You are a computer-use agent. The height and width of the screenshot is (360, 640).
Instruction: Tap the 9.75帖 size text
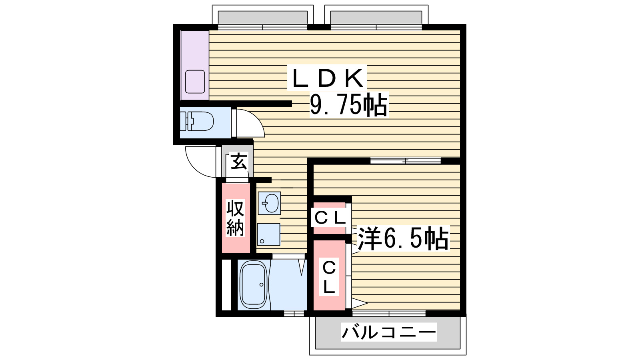pyautogui.click(x=349, y=105)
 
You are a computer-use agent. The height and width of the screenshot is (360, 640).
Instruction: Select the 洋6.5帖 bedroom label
pyautogui.click(x=403, y=238)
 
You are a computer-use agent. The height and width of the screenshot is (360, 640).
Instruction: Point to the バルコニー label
pyautogui.click(x=388, y=332)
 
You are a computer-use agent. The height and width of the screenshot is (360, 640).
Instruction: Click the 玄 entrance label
pyautogui.click(x=239, y=162)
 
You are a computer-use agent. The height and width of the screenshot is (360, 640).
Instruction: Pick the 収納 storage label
pyautogui.click(x=235, y=218)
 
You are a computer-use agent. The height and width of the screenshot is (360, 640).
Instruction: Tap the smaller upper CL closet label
pyautogui.click(x=330, y=218)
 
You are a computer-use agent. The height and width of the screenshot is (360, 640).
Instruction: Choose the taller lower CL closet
pyautogui.click(x=329, y=276)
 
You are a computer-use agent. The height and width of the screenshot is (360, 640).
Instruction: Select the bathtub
pyautogui.click(x=253, y=284)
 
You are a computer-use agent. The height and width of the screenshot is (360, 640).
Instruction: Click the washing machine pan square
pyautogui.click(x=268, y=234)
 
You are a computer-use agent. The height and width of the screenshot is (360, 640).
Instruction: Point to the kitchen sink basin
pyautogui.click(x=195, y=82)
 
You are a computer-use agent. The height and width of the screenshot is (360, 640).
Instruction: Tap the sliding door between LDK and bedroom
pyautogui.click(x=405, y=161)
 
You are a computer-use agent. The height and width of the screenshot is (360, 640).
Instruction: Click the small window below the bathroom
pyautogui.click(x=294, y=314)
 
